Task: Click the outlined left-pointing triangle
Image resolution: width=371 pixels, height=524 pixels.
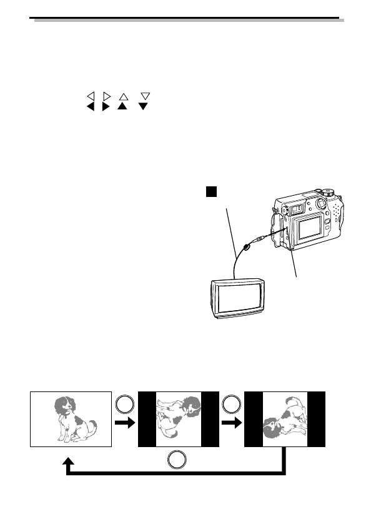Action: tap(90, 96)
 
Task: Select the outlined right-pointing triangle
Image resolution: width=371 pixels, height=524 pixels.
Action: tap(106, 96)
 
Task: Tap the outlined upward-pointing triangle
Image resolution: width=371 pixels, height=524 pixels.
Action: tap(123, 96)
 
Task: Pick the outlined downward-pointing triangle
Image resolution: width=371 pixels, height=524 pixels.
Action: tap(146, 96)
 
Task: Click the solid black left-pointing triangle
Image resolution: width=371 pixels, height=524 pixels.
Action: tap(90, 107)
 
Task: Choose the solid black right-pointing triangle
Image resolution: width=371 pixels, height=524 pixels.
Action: tap(106, 107)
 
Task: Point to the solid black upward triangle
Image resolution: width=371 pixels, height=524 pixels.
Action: tap(123, 107)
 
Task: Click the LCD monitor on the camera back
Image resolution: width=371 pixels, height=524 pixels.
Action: tap(309, 228)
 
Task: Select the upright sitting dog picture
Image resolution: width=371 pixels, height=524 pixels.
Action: tap(71, 419)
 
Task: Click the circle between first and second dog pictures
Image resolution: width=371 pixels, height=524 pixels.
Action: tap(124, 405)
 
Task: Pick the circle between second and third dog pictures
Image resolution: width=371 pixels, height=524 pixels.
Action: tap(231, 405)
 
